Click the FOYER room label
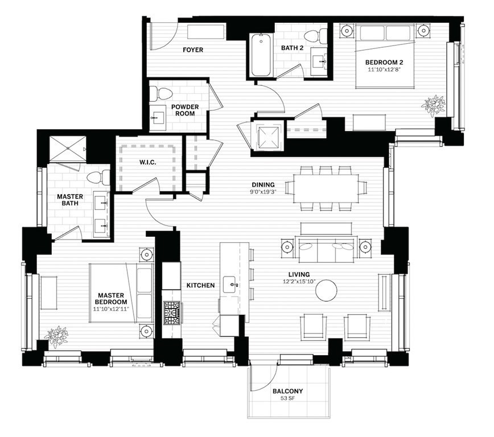tap(193, 50)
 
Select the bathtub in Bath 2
tap(260, 56)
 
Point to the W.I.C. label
tap(147, 163)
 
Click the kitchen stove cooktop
tap(172, 313)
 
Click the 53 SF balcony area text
tap(287, 399)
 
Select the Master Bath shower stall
tap(67, 150)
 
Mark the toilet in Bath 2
tap(324, 35)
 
